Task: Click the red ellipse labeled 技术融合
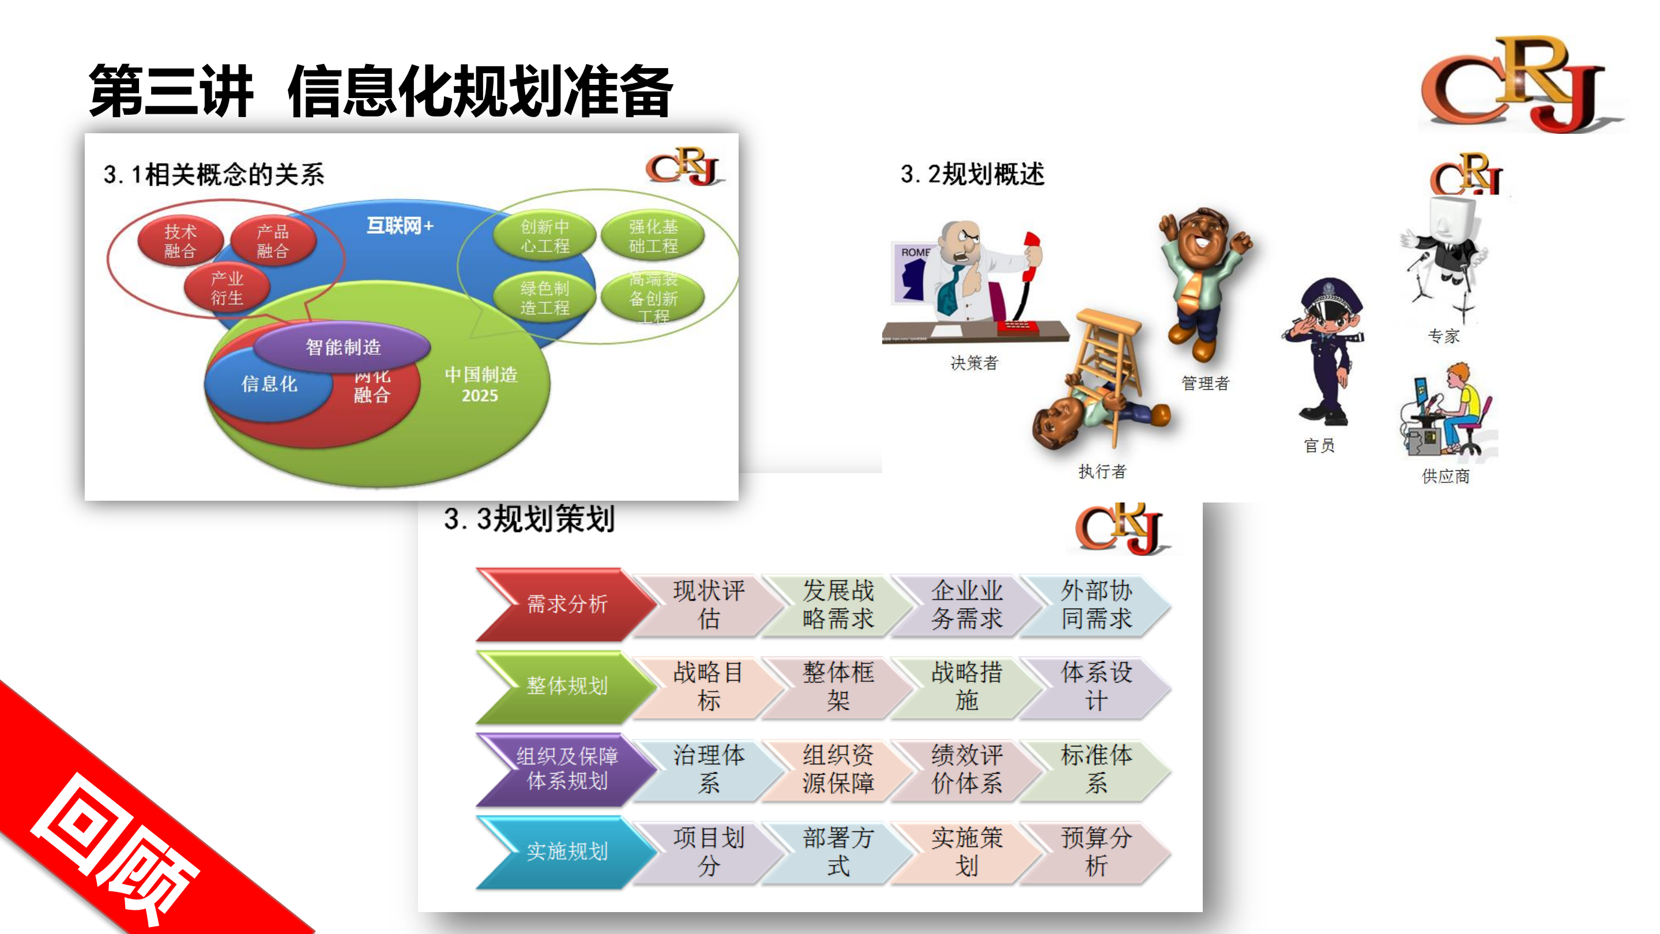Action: click(x=180, y=241)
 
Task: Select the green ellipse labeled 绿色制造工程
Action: click(x=544, y=298)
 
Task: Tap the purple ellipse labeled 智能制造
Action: click(x=343, y=347)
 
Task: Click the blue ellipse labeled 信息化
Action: click(x=269, y=384)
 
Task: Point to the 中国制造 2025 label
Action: click(x=481, y=385)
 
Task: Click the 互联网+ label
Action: click(x=400, y=226)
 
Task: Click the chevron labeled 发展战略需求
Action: click(x=838, y=605)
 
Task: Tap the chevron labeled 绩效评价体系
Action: click(x=966, y=769)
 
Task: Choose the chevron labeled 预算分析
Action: click(x=1096, y=852)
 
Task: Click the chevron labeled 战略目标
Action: click(x=708, y=687)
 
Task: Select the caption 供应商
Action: click(x=1446, y=477)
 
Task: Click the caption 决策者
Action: click(x=974, y=363)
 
